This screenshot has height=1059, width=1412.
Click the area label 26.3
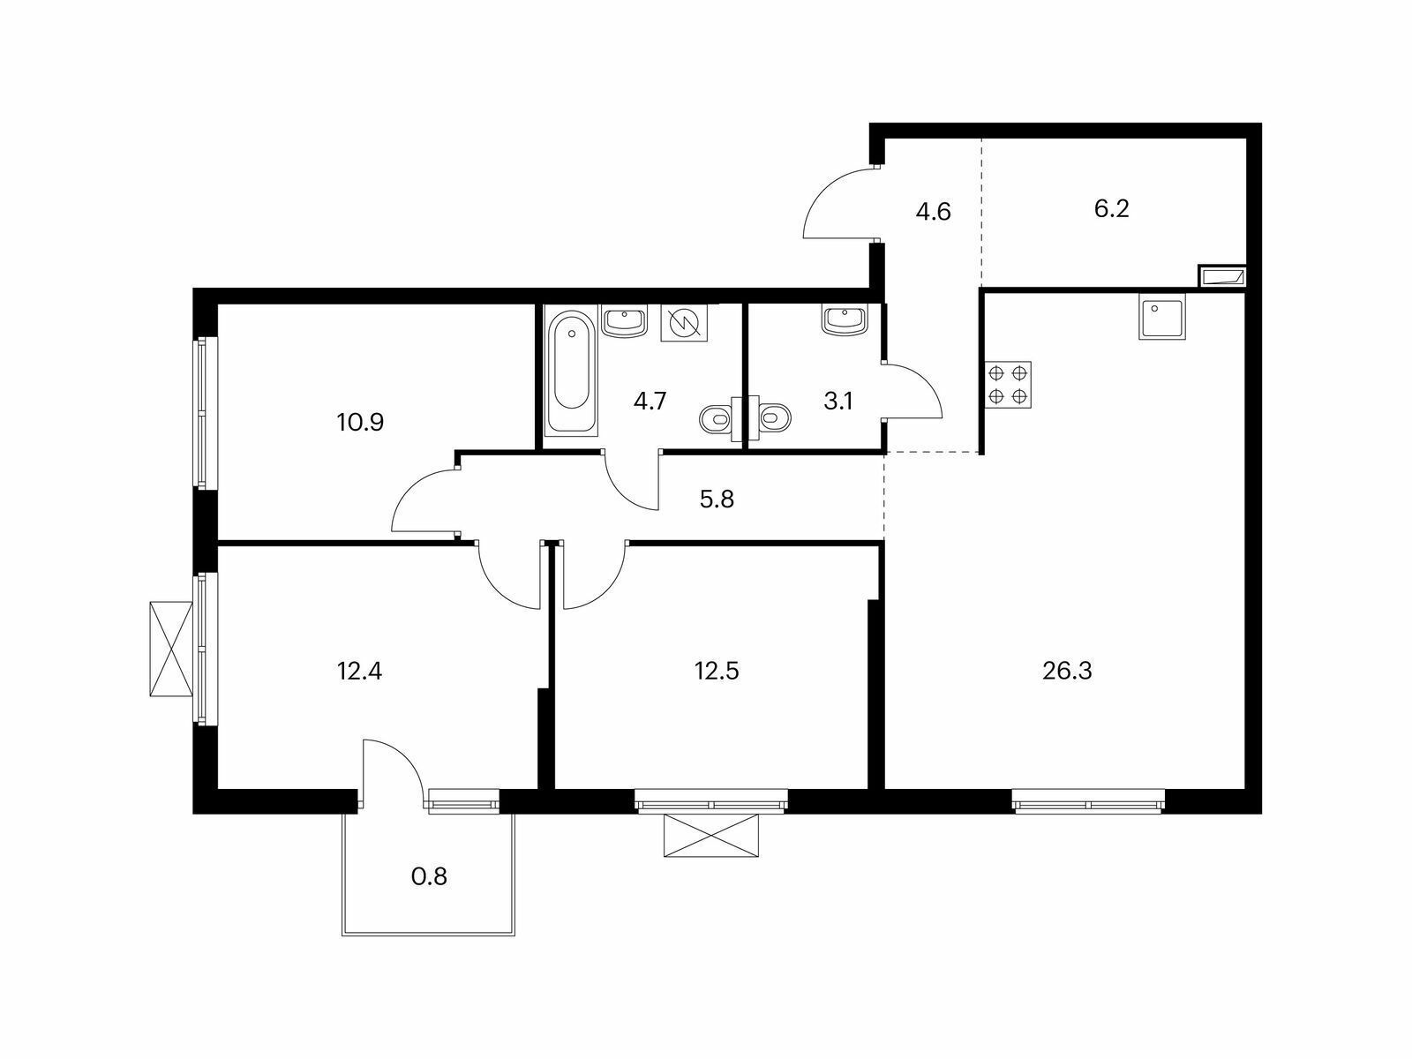pos(1067,672)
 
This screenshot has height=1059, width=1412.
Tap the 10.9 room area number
pos(360,423)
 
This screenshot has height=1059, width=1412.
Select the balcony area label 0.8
pos(429,876)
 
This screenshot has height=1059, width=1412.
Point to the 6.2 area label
pos(1112,209)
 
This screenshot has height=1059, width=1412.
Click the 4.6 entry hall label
pos(933,212)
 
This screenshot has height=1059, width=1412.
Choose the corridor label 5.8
pos(717,499)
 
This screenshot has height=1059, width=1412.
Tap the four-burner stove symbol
pos(1008,385)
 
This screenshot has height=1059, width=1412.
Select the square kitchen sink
pos(1161,316)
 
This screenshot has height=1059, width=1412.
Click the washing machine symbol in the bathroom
pos(684,323)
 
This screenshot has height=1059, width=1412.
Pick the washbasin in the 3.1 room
pos(843,320)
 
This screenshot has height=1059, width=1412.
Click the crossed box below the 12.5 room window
pos(710,835)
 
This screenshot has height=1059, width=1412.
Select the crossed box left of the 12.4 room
pos(171,649)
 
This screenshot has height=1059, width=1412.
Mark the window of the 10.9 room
pos(206,413)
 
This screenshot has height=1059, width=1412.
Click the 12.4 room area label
pos(359,672)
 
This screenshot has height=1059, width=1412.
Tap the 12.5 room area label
pos(717,672)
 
